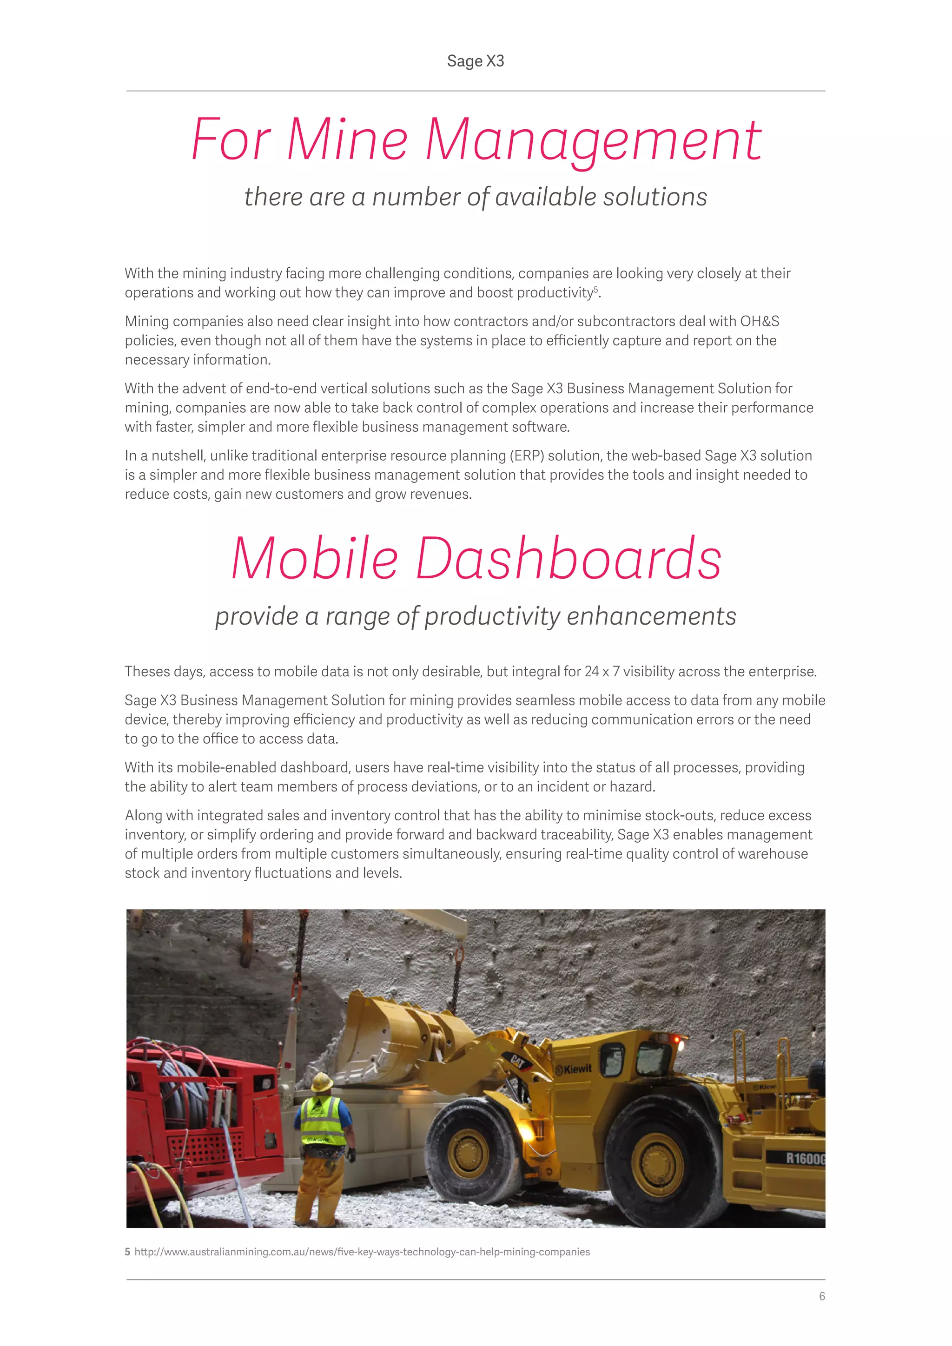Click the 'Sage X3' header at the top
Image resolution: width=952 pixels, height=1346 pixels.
[476, 61]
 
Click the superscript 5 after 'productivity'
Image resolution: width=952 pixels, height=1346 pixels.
[596, 289]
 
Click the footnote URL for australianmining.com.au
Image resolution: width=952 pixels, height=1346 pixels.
[362, 1252]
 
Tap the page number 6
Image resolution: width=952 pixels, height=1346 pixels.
[822, 1296]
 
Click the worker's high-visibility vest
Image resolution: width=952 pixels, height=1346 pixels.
[323, 1122]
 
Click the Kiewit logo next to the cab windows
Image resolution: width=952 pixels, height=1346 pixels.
[574, 1069]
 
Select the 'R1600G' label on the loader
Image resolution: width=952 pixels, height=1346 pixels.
[804, 1158]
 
